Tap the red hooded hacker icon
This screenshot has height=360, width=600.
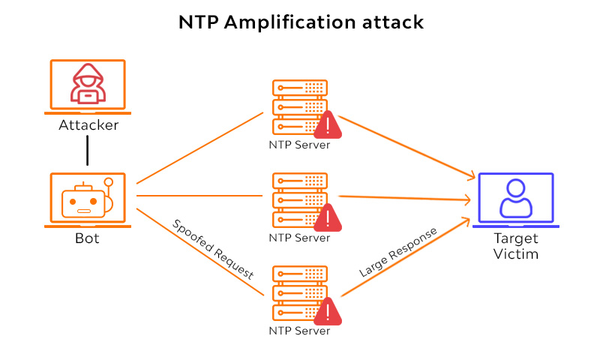click(88, 83)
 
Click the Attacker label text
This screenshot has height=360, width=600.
click(88, 125)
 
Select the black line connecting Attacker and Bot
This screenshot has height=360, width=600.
click(88, 151)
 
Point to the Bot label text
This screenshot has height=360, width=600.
click(87, 239)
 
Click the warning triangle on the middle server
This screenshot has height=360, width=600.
click(327, 217)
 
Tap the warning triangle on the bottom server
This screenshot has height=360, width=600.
click(327, 310)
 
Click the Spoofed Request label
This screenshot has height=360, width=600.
click(213, 250)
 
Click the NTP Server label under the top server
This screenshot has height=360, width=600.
click(299, 145)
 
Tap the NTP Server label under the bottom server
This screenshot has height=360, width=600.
click(299, 331)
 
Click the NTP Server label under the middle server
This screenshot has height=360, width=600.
click(299, 238)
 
